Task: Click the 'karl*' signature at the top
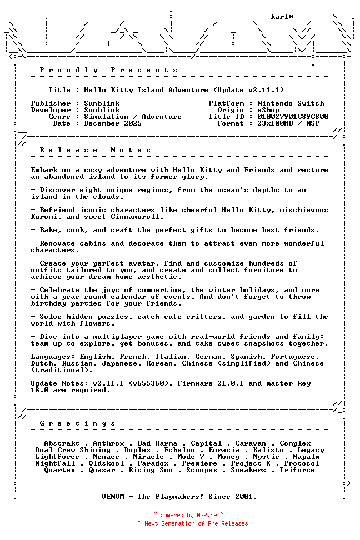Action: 282,17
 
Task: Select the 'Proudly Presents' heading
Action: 108,70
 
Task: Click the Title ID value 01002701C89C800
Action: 293,117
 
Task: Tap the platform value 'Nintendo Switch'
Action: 291,103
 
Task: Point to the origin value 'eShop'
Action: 268,110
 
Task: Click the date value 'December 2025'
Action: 113,123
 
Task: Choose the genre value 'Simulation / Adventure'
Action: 133,117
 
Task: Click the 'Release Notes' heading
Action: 95,150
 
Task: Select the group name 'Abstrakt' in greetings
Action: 62,443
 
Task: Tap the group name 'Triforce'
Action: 297,470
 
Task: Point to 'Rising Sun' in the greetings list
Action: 151,470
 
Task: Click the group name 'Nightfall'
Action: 55,463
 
